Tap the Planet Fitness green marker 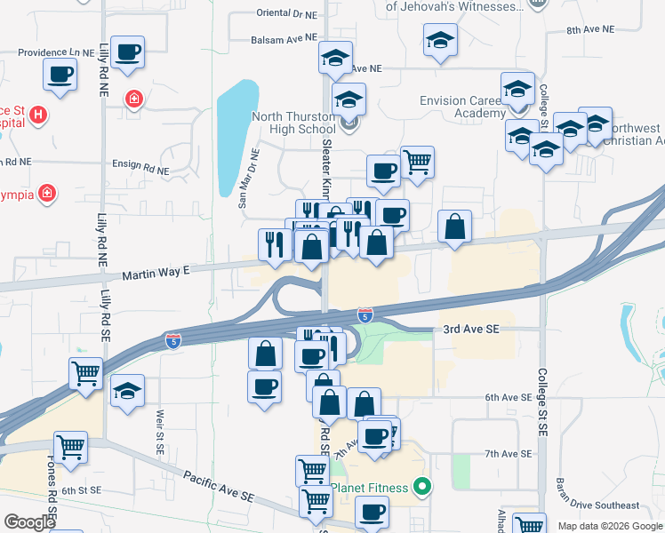pyautogui.click(x=423, y=487)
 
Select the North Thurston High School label pyautogui.click(x=293, y=123)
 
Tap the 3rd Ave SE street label pyautogui.click(x=471, y=329)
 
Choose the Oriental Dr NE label pyautogui.click(x=286, y=14)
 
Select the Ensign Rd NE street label pyautogui.click(x=140, y=166)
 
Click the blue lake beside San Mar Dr pyautogui.click(x=238, y=133)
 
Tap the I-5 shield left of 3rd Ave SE pyautogui.click(x=365, y=314)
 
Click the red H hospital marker pyautogui.click(x=37, y=115)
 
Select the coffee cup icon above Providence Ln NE pyautogui.click(x=127, y=51)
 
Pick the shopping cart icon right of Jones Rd pyautogui.click(x=70, y=445)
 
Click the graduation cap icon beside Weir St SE pyautogui.click(x=128, y=389)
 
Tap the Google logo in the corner pyautogui.click(x=29, y=522)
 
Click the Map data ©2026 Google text pyautogui.click(x=610, y=526)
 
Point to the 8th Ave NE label pyautogui.click(x=591, y=29)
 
